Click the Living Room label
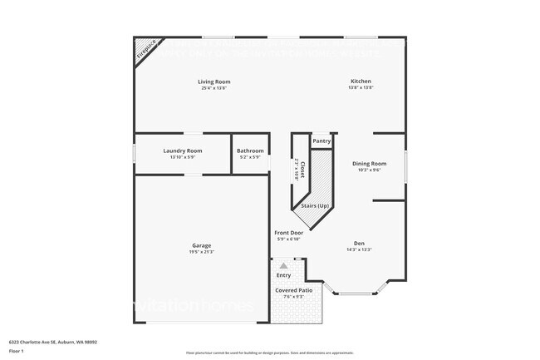point(214,81)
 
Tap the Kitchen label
point(361,81)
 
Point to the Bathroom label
point(250,150)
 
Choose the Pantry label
point(322,141)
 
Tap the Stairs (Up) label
point(315,205)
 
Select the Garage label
point(201,245)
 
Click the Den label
point(360,243)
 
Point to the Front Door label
point(289,233)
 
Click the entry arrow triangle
point(283,265)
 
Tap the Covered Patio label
point(294,290)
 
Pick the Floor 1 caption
point(17,352)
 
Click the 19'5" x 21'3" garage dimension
point(201,252)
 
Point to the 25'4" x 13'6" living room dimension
point(214,88)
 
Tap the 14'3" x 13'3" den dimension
point(360,249)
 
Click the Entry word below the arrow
point(284,275)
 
